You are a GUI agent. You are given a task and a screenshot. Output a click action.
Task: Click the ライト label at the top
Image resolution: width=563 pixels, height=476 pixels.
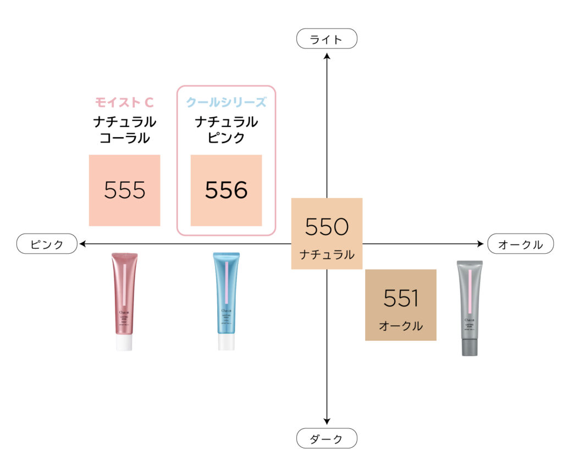[x=327, y=39]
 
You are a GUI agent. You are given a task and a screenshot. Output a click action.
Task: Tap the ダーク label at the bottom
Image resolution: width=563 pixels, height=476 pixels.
[x=327, y=439]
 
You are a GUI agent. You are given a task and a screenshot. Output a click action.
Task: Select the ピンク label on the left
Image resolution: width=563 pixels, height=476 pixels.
[x=47, y=244]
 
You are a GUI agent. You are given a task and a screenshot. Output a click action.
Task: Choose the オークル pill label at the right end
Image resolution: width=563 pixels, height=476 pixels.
[x=520, y=244]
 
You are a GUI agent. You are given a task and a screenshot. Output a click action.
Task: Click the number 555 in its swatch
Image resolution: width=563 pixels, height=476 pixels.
[x=125, y=190]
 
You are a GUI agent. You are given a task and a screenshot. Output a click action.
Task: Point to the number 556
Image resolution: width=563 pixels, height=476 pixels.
[x=226, y=190]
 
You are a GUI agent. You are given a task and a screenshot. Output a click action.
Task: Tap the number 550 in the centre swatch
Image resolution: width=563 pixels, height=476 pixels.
[x=327, y=227]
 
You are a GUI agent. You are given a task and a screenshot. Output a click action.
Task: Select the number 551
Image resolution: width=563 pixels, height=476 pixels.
[x=401, y=298]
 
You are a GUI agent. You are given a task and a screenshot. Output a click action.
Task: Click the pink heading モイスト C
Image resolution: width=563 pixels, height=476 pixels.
[x=124, y=102]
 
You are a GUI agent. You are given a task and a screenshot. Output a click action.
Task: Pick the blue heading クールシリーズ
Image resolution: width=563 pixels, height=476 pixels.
[x=226, y=102]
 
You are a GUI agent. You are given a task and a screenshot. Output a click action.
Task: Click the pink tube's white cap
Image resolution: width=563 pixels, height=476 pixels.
[x=124, y=343]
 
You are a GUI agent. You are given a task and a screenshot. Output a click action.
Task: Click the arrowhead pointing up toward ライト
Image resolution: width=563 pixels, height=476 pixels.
[x=327, y=55]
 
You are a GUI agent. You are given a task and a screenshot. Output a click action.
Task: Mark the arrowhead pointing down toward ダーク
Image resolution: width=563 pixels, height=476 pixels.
[x=327, y=421]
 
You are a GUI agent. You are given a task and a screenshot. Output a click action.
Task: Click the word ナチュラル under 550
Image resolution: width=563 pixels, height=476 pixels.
[x=327, y=255]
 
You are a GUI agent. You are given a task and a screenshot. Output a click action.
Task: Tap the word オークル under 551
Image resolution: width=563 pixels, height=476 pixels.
[x=401, y=326]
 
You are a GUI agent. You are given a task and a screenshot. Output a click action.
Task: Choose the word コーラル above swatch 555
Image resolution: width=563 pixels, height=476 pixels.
[x=124, y=138]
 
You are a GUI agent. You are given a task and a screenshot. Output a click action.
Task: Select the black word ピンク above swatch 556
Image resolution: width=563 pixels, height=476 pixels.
[x=226, y=138]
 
